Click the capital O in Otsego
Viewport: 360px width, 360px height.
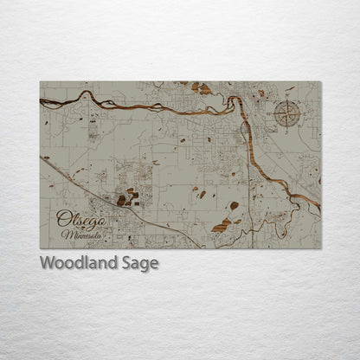click(x=63, y=218)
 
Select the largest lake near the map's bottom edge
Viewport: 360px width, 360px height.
click(x=222, y=225)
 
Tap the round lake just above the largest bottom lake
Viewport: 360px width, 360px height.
click(x=234, y=206)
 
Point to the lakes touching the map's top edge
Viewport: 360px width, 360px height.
click(x=201, y=87)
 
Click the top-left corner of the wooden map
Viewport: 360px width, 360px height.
click(x=41, y=82)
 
